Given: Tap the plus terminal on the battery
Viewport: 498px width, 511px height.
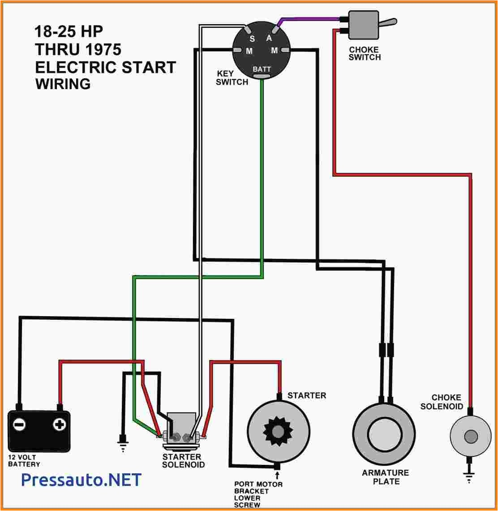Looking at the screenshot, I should (59, 425).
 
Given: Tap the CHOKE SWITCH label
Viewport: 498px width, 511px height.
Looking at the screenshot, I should (365, 53).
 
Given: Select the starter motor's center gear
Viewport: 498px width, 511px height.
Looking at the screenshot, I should (278, 432).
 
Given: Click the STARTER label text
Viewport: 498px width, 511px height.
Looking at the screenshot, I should (306, 395).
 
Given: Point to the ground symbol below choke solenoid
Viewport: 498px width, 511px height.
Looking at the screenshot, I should (469, 478).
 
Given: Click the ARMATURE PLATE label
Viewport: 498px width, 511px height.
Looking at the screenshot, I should (386, 477).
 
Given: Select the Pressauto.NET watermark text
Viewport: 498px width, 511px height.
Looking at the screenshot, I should (81, 480).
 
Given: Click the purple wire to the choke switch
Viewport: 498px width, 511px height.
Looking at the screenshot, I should (309, 19).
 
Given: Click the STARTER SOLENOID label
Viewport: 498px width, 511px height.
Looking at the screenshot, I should (183, 461).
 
